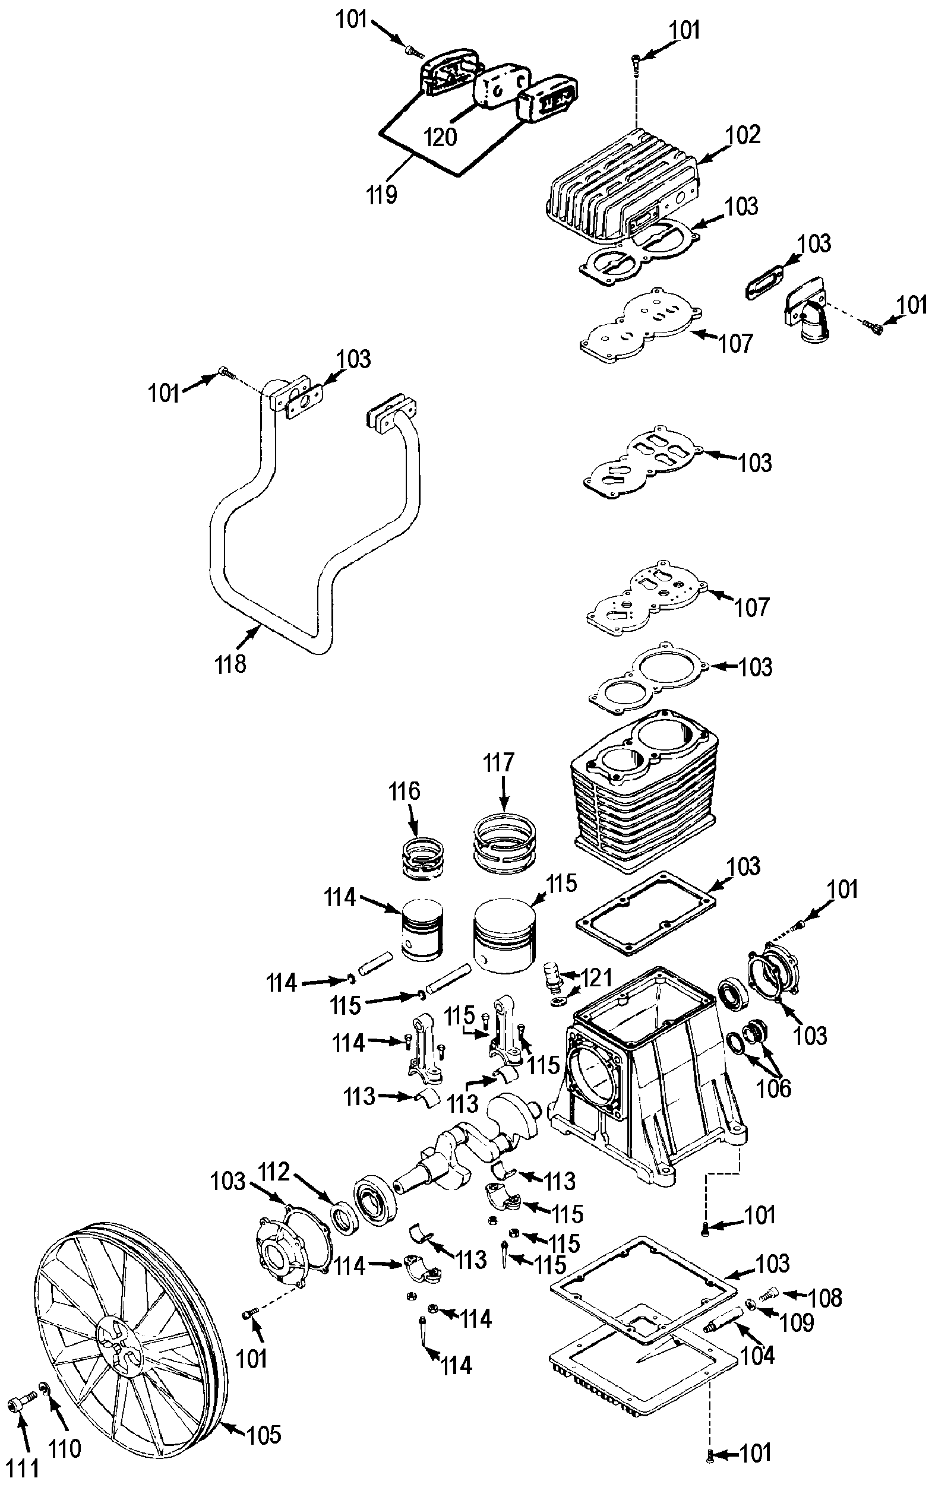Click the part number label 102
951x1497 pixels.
[x=743, y=135]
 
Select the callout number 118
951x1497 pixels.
[x=230, y=664]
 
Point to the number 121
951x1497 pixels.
[x=595, y=978]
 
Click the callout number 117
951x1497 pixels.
[x=500, y=762]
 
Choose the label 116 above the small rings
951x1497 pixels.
[x=405, y=792]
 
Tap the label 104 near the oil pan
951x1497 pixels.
[x=757, y=1355]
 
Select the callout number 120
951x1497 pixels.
[x=440, y=137]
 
